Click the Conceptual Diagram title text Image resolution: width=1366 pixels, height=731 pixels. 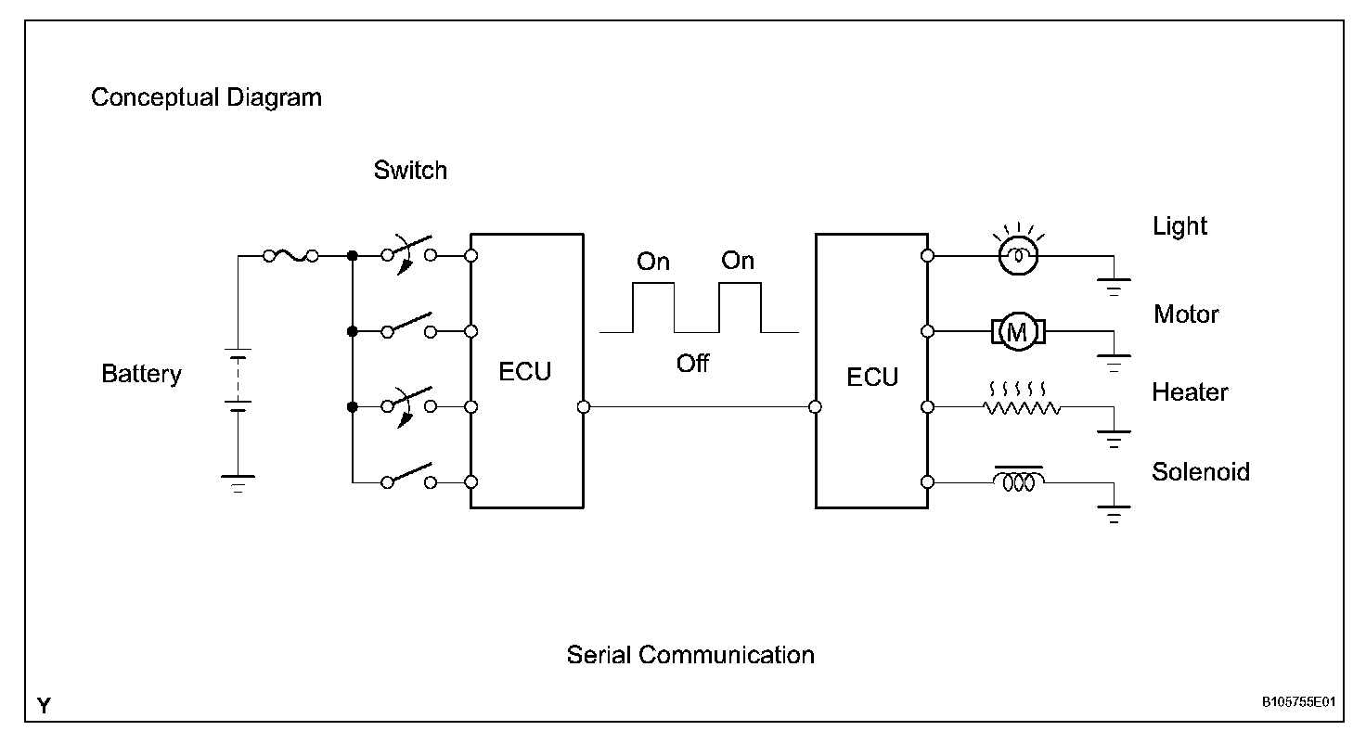point(206,97)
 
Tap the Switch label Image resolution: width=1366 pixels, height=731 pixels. point(410,171)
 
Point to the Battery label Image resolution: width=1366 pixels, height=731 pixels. point(141,374)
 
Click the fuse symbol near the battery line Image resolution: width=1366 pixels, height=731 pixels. point(290,255)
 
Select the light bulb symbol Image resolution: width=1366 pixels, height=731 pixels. point(1017,254)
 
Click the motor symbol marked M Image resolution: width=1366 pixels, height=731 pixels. point(1018,331)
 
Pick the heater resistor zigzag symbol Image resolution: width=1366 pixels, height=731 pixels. point(1021,406)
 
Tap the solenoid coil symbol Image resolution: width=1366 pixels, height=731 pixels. point(1019,481)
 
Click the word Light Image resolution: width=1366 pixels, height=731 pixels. point(1179,226)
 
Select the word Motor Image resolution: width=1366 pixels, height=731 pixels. point(1186,314)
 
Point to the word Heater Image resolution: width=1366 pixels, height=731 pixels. point(1190,392)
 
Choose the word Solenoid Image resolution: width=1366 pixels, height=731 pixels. point(1201,471)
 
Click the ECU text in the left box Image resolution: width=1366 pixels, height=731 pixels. point(525,372)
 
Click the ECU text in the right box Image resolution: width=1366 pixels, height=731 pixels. point(872,377)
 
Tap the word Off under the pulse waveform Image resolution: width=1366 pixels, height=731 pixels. point(692,363)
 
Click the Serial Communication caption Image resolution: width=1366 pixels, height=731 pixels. point(690,655)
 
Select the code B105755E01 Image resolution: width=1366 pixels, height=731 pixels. point(1297,702)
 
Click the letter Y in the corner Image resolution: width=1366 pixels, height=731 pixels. point(44,706)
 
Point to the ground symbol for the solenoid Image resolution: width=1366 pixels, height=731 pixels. point(1114,514)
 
